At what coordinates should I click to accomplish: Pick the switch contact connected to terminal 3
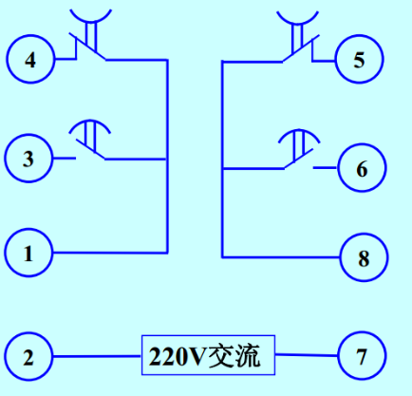click(x=90, y=149)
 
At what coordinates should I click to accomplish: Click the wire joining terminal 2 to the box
click(x=97, y=356)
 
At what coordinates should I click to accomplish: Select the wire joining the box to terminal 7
click(x=307, y=355)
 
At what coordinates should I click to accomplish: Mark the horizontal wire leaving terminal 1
click(x=110, y=253)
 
